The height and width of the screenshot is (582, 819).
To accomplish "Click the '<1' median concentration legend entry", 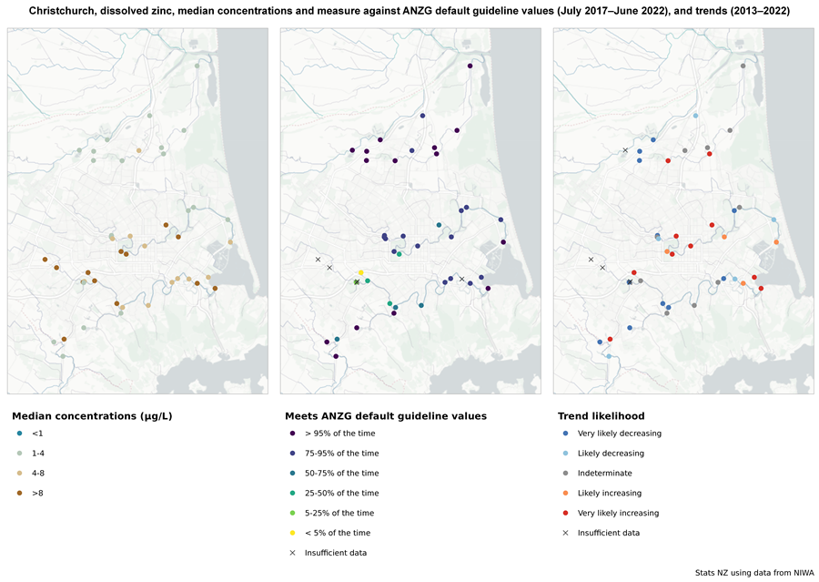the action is click(30, 434).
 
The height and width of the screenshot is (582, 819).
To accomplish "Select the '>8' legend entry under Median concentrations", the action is click(30, 493).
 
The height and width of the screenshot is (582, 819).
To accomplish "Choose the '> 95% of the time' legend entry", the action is click(332, 434).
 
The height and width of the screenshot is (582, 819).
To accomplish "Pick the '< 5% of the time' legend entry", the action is click(329, 533).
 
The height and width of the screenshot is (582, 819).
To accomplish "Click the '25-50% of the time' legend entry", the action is click(334, 493).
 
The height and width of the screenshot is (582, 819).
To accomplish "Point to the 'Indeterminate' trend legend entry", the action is click(598, 474).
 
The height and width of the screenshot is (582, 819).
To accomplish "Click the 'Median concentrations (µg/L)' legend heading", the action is click(92, 416).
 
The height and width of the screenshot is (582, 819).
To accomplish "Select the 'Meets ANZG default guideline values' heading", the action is click(386, 416).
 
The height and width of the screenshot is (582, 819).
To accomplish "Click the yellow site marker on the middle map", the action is click(361, 273).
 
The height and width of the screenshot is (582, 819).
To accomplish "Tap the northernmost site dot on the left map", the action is click(197, 66).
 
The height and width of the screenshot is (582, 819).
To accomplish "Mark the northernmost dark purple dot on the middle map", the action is click(470, 66).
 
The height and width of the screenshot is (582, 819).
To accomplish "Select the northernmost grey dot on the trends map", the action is click(743, 66).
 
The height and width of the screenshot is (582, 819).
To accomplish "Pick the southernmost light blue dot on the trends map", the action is click(609, 356).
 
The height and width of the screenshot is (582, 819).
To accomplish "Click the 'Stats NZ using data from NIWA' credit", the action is click(754, 573).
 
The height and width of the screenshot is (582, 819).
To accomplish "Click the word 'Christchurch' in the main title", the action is click(56, 11).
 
